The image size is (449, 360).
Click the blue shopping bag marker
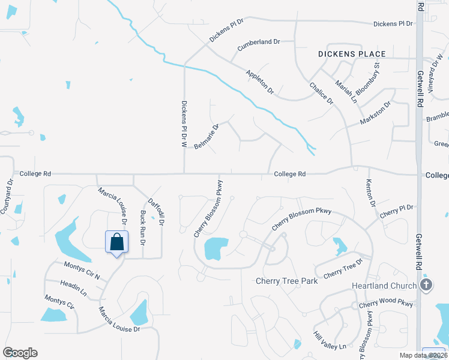(x=117, y=242)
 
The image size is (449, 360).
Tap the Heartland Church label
(x=384, y=286)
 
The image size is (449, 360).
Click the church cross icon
(x=426, y=284)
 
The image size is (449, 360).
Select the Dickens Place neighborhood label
(x=351, y=54)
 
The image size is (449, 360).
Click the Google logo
(x=20, y=352)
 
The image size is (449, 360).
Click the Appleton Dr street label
(x=260, y=82)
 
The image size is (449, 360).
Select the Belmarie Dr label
(x=206, y=136)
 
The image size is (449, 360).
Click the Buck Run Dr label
(x=143, y=228)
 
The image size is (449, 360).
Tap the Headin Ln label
(x=73, y=288)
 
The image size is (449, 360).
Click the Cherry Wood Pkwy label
(x=386, y=304)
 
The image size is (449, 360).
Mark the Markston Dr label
(x=375, y=113)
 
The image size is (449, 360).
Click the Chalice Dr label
(x=322, y=93)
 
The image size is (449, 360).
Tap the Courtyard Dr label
(x=7, y=196)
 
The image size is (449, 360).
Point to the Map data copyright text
(x=423, y=355)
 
